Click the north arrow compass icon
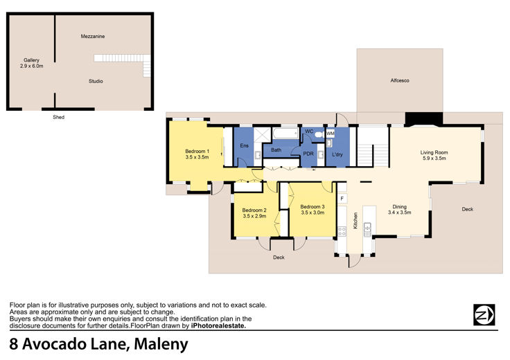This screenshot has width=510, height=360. [x=484, y=314]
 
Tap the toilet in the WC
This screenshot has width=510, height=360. [x=320, y=134]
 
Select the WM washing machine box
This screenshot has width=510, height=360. [x=330, y=133]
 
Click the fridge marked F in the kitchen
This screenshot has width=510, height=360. [x=342, y=198]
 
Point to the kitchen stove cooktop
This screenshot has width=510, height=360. [x=342, y=231]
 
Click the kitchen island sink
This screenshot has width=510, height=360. [x=367, y=229]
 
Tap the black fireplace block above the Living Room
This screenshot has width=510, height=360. [x=424, y=119]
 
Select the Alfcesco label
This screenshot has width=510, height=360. [x=400, y=80]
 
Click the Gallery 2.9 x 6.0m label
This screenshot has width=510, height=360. [x=32, y=63]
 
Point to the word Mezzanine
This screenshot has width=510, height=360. [x=93, y=37]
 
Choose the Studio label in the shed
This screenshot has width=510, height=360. [x=96, y=81]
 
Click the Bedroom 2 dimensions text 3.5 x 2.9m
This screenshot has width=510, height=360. [x=254, y=216]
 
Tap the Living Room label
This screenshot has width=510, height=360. [x=434, y=152]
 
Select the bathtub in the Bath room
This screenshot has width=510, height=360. [x=285, y=134]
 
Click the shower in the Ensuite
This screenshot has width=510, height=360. [x=262, y=135]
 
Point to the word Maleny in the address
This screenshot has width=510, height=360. [x=161, y=344]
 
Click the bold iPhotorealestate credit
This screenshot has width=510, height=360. [x=218, y=326]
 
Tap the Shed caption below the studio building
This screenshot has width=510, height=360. [x=58, y=117]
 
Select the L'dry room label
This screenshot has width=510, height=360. [x=337, y=154]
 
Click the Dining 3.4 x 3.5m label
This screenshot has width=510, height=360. [x=399, y=210]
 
